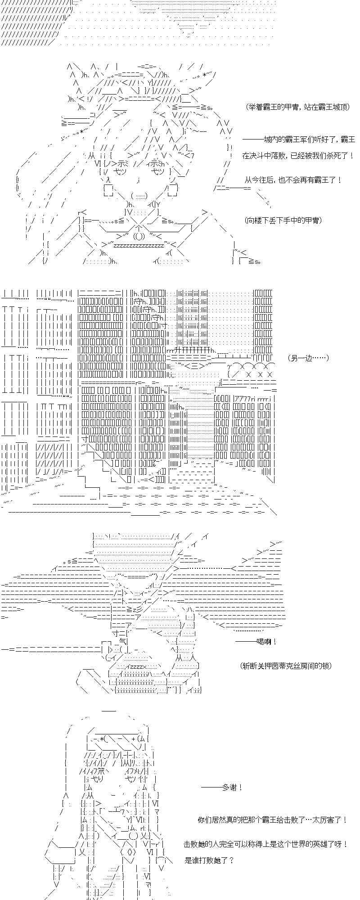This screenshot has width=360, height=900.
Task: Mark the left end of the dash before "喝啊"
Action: pos(236,642)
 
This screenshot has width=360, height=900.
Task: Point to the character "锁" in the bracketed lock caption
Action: pos(325,666)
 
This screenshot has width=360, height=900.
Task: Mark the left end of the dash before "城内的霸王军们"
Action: pos(243,139)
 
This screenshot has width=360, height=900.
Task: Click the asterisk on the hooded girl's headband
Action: pos(103,739)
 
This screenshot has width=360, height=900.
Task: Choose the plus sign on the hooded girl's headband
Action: pos(134,739)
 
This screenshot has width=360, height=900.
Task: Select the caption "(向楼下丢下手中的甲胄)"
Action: pos(284,220)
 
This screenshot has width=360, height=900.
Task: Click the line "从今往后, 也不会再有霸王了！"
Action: pos(293,180)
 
